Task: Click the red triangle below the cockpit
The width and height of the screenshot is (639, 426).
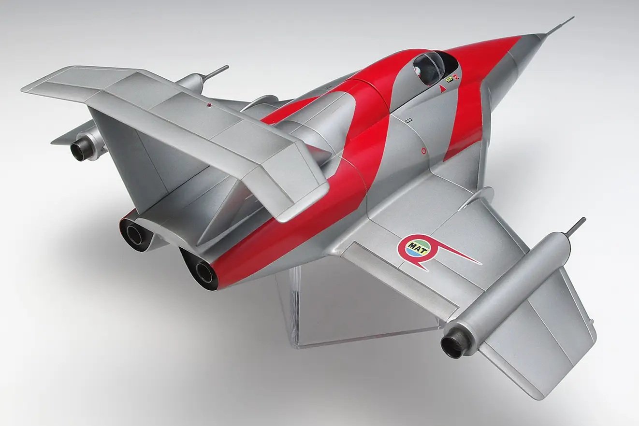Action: [442, 89]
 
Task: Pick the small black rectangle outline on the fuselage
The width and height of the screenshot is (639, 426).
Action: [409, 120]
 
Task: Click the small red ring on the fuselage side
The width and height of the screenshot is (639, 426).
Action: [424, 151]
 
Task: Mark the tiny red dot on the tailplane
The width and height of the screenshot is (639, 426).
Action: [209, 105]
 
